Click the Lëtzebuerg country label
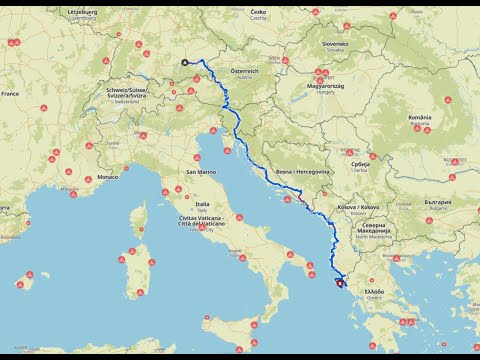(82, 11)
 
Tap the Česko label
(259, 11)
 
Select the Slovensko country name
(335, 44)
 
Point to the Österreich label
(245, 71)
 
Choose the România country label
(420, 117)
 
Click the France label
(10, 93)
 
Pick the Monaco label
(108, 177)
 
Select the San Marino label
(201, 172)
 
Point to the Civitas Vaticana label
(203, 219)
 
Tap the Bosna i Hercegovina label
(302, 172)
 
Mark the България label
(437, 202)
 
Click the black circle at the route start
(185, 61)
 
